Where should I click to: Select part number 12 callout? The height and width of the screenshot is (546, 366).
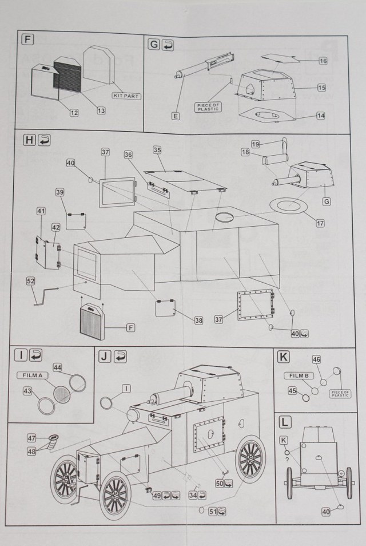[x=74, y=113]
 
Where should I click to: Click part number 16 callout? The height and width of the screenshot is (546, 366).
[x=323, y=61]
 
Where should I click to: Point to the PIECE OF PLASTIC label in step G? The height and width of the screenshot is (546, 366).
[x=207, y=106]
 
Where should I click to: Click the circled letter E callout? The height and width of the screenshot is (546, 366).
[x=176, y=116]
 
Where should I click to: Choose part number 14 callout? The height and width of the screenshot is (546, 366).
[x=321, y=116]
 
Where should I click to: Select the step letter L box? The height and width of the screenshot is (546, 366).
[x=284, y=422]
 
